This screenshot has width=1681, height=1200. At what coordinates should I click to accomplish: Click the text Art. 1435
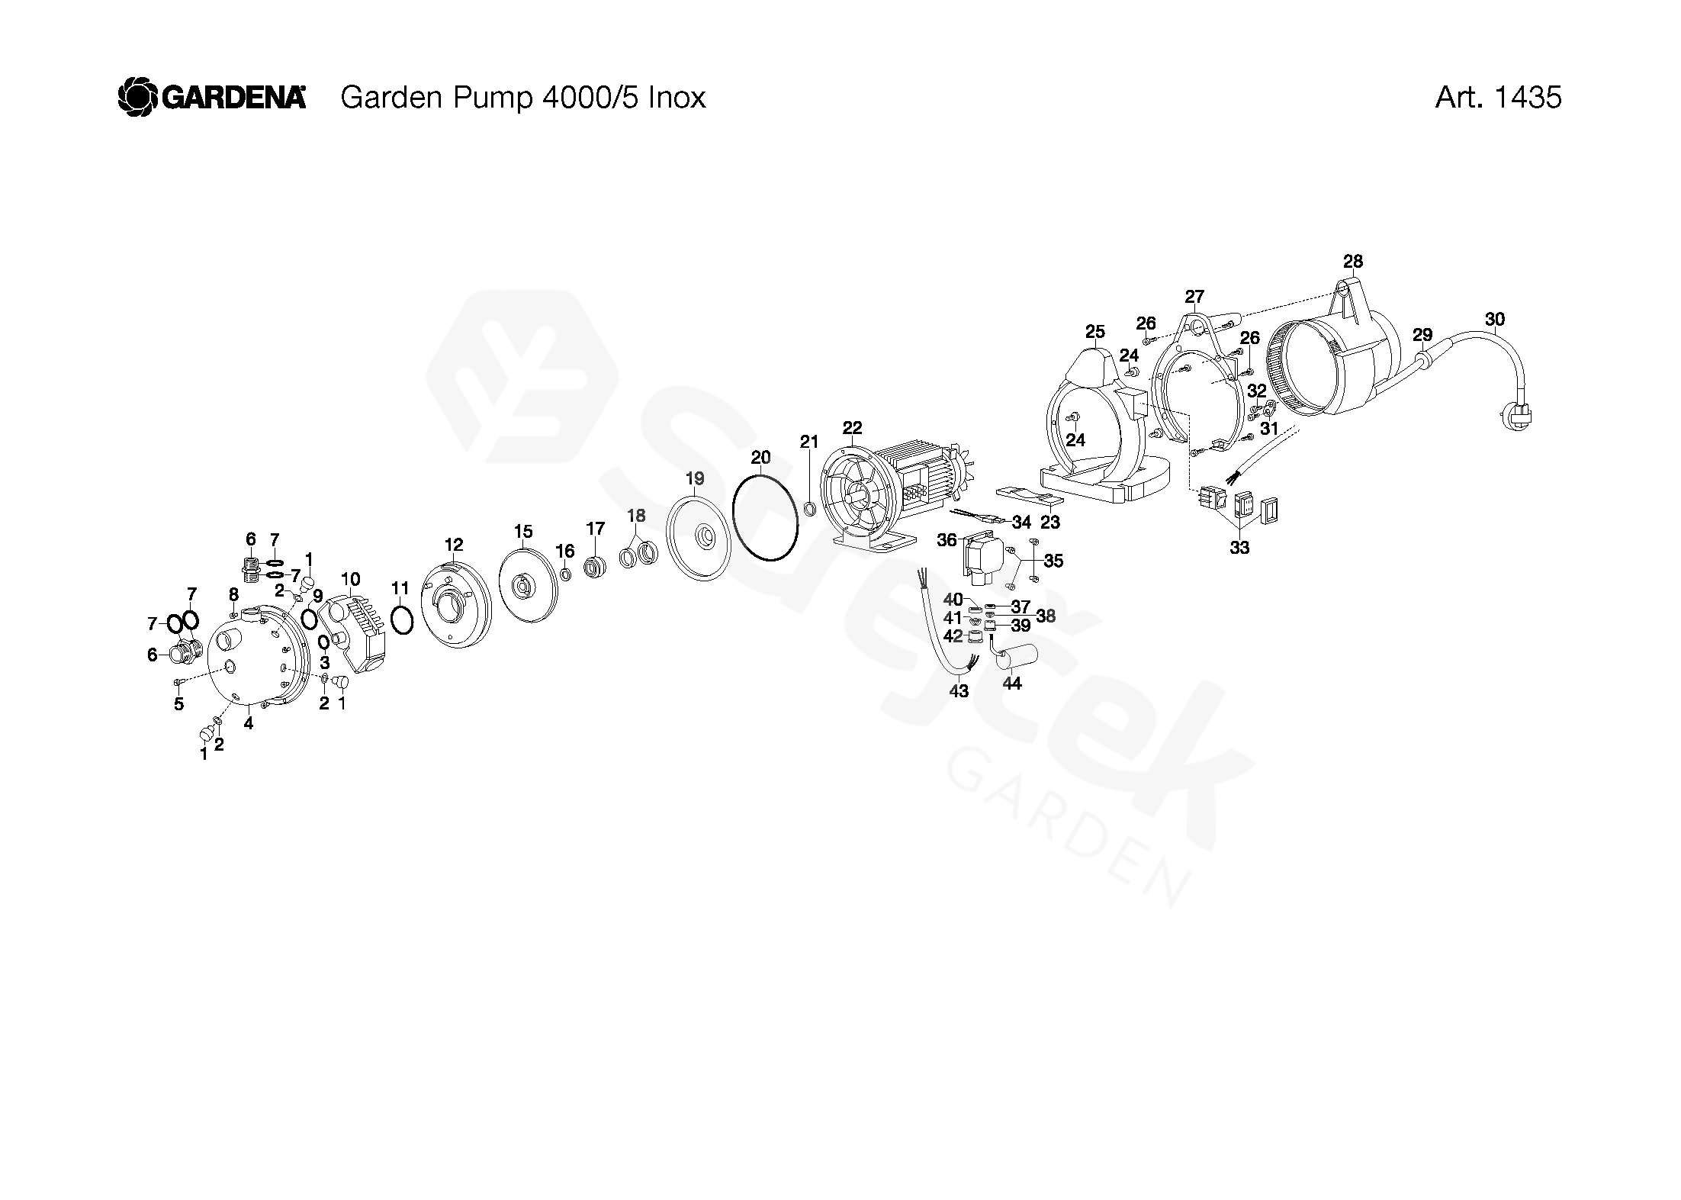(1497, 98)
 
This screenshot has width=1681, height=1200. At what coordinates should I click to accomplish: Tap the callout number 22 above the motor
(852, 427)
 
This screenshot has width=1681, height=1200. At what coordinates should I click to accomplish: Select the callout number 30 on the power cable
(1495, 319)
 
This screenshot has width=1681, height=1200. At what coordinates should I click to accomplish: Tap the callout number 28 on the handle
(1352, 262)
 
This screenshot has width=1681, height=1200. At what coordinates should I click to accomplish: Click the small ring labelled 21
(810, 509)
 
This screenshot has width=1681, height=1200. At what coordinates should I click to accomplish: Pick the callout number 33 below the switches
(1239, 548)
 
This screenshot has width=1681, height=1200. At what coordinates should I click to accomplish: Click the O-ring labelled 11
(402, 619)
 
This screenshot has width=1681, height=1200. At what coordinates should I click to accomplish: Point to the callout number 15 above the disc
(522, 532)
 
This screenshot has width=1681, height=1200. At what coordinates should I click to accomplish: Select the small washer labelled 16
(565, 574)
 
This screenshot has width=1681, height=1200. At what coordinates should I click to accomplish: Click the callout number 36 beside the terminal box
(947, 540)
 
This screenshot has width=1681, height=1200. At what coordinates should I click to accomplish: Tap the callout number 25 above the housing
(1094, 332)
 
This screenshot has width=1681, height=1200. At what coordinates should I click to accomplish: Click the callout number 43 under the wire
(959, 691)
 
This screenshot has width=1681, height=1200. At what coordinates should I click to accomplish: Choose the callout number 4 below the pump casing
(248, 723)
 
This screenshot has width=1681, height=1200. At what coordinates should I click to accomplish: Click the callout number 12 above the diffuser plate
(454, 545)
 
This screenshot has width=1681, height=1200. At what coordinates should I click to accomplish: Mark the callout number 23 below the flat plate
(1050, 523)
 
